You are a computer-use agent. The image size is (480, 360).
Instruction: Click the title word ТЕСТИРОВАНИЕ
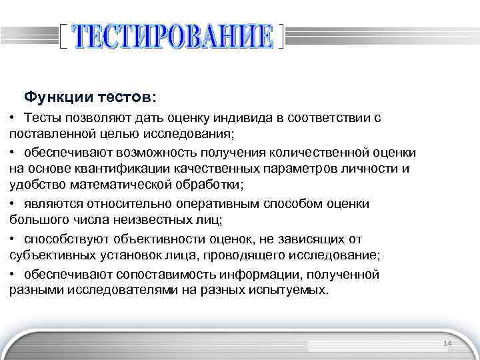click(172, 36)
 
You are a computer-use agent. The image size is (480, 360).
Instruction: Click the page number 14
click(447, 343)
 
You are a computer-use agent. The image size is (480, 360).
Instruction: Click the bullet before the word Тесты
click(13, 117)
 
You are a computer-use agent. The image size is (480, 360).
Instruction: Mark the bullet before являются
click(13, 204)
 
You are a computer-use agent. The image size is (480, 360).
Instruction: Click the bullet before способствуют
click(13, 239)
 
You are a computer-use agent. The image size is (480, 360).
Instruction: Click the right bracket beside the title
click(281, 36)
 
